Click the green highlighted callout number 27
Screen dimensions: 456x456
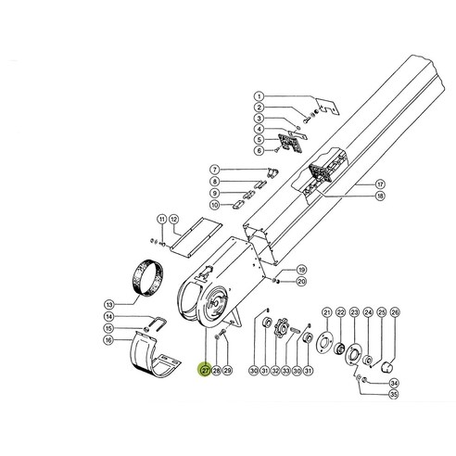click(205, 370)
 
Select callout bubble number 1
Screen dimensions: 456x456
click(260, 96)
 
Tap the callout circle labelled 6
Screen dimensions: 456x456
click(260, 150)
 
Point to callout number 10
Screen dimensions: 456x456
click(214, 205)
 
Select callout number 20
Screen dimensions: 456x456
click(302, 281)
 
